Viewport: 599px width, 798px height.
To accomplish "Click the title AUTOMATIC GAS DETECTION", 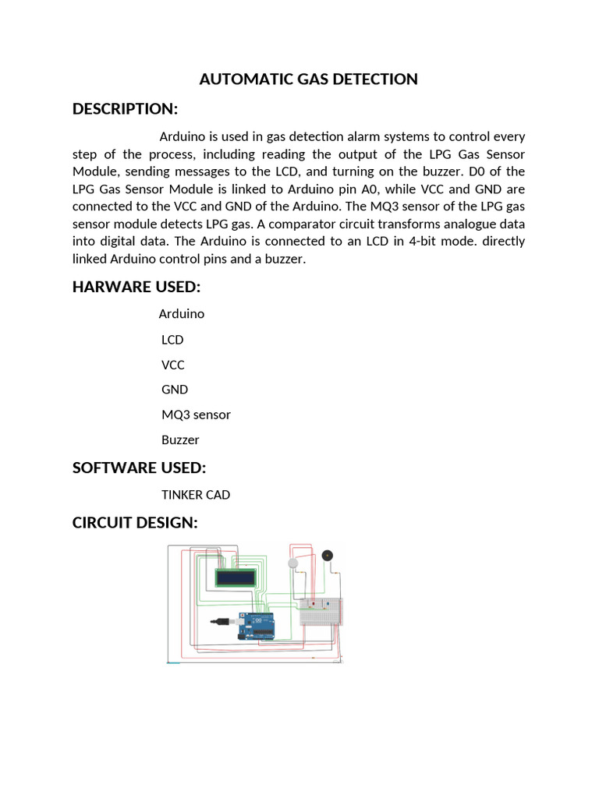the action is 308,79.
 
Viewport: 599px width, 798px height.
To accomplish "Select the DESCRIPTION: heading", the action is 125,108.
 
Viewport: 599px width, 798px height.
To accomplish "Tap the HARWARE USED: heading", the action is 136,287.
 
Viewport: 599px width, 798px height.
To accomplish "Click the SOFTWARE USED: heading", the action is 139,468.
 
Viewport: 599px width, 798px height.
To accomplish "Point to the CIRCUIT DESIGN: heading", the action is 135,522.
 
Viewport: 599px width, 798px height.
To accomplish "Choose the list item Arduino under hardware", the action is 181,313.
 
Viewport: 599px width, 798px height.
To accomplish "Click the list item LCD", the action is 172,340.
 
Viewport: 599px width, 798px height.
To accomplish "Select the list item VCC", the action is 173,365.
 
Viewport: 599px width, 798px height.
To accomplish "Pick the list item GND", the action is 175,390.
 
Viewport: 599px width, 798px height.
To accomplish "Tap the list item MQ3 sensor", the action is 196,415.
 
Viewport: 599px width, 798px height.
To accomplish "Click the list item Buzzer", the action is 180,440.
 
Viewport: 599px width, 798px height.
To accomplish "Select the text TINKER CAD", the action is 196,495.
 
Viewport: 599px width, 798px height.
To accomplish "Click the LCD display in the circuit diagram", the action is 237,578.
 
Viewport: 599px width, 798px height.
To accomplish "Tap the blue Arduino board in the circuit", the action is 257,624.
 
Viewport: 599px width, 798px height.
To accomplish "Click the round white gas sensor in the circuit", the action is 293,563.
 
